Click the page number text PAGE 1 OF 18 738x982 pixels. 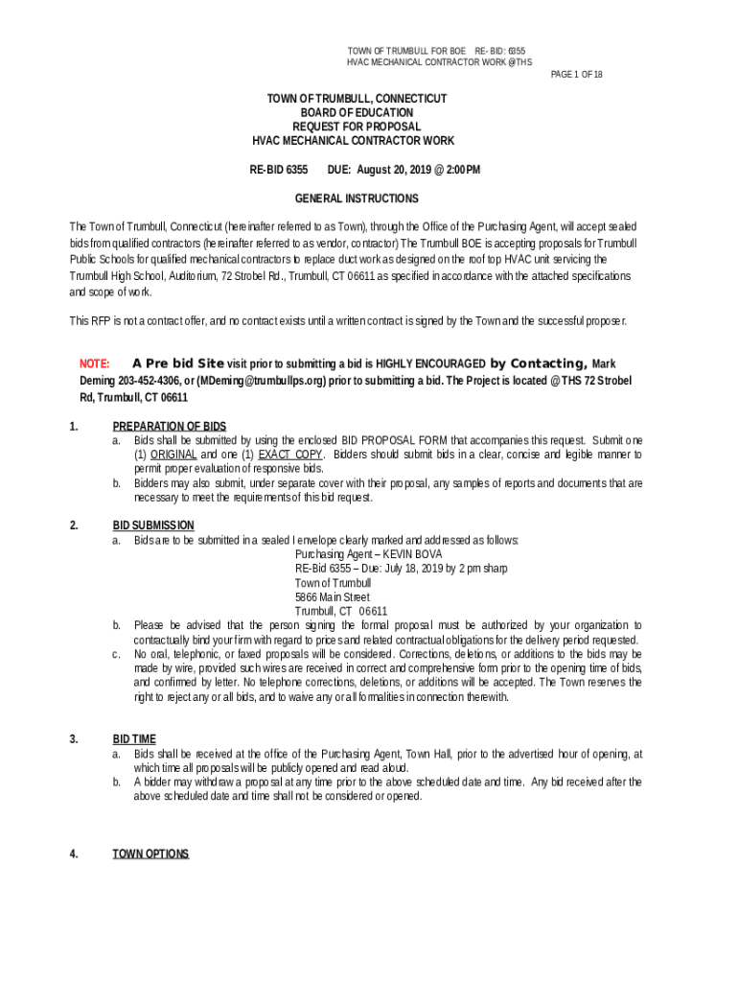click(576, 74)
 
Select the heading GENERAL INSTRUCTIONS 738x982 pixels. click(357, 199)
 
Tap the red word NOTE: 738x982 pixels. click(94, 364)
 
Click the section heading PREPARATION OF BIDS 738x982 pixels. click(170, 426)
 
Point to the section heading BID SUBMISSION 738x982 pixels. click(153, 526)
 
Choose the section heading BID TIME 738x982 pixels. click(134, 739)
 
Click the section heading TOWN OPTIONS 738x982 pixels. click(150, 853)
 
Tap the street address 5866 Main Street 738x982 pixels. click(333, 596)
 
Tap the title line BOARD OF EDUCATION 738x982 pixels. click(357, 112)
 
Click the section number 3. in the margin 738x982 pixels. click(74, 739)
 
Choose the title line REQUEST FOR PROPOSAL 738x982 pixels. click(357, 127)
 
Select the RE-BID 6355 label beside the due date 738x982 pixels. click(279, 170)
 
